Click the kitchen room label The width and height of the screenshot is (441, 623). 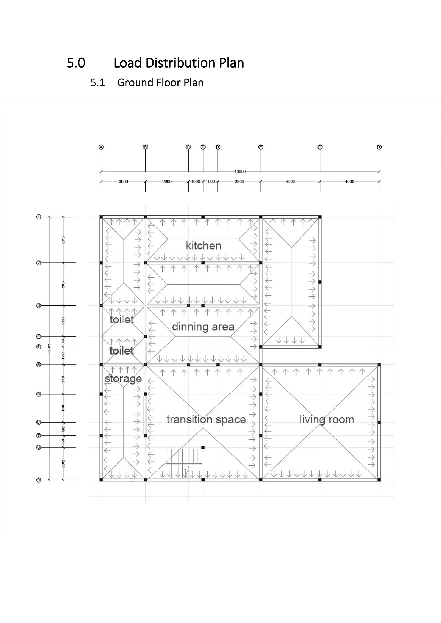click(x=203, y=246)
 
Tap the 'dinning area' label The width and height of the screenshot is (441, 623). click(x=203, y=327)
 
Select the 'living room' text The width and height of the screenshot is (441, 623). click(x=327, y=419)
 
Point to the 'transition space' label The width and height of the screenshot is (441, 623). click(x=206, y=419)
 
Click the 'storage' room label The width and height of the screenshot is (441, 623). click(x=123, y=379)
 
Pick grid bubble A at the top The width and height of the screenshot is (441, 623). click(x=101, y=147)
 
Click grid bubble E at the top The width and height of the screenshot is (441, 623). click(x=261, y=147)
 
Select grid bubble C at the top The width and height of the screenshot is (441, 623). click(x=188, y=147)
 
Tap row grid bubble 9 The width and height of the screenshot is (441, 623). click(x=39, y=480)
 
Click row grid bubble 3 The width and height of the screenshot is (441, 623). click(x=39, y=305)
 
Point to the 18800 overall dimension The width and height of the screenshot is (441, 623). click(x=240, y=171)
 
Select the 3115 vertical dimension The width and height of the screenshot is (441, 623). click(x=63, y=240)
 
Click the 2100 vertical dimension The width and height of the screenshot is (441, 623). click(x=63, y=321)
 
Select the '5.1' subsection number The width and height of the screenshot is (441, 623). click(x=98, y=83)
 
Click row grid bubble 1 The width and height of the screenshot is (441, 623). click(x=39, y=217)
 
